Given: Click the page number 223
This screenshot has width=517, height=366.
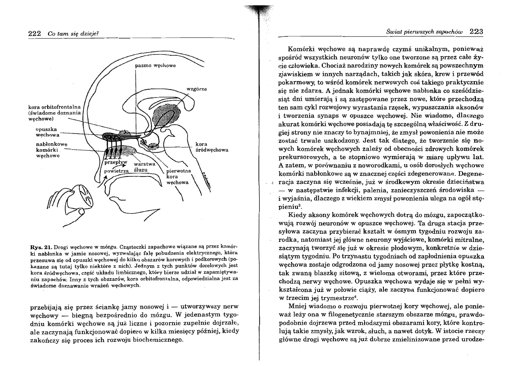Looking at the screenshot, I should pyautogui.click(x=476, y=31).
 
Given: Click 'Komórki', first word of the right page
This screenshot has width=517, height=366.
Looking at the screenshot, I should pyautogui.click(x=301, y=48).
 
